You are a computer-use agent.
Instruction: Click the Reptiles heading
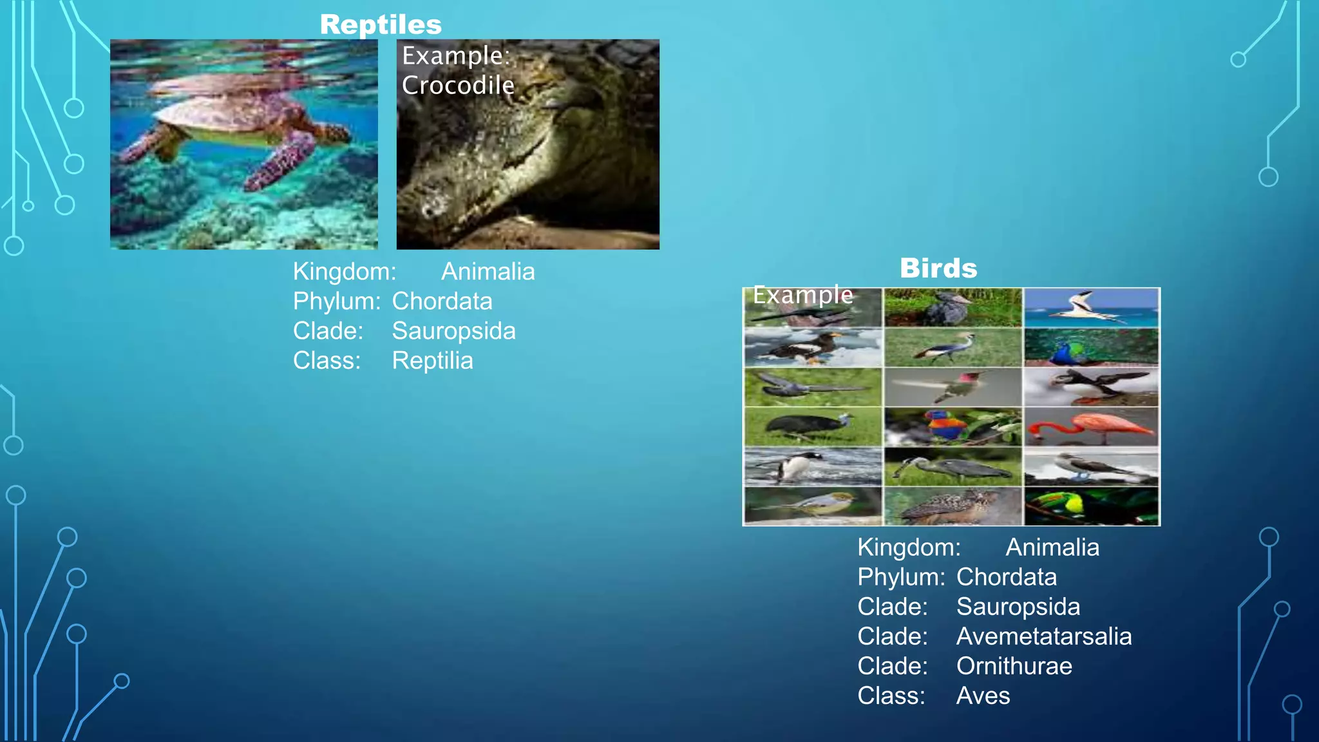381,25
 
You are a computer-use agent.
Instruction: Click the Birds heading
938,269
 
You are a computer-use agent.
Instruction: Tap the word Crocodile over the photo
458,86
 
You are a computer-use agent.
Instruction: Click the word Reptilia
432,361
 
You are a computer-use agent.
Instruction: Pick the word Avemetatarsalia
1043,636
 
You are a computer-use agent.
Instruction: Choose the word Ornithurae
1014,666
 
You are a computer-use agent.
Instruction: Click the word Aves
983,696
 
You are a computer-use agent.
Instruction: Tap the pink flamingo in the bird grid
1091,426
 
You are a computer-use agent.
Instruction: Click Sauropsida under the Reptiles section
453,331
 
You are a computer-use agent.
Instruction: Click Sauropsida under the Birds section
1018,607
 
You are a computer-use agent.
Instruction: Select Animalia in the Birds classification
1052,547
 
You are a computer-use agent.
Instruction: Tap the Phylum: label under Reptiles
336,301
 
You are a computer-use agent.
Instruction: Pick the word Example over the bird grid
802,295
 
